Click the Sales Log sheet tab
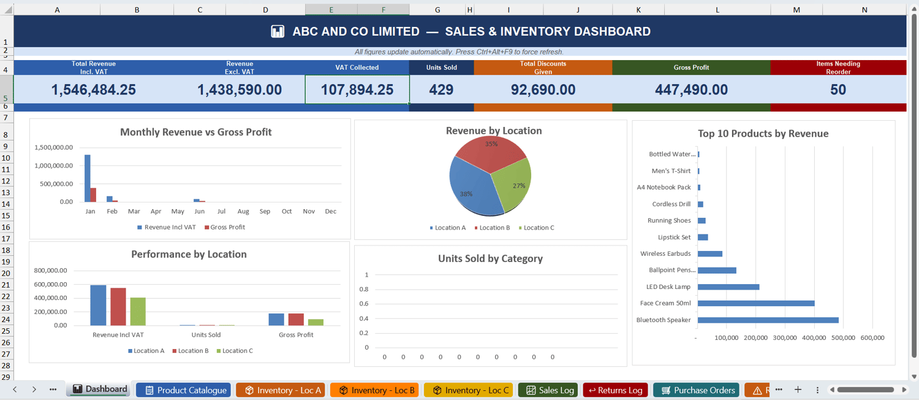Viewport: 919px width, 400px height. (548, 390)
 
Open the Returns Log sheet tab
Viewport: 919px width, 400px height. (615, 390)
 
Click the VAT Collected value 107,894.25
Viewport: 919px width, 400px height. (357, 90)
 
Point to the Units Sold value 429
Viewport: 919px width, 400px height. (441, 90)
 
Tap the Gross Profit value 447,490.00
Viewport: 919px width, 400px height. (691, 90)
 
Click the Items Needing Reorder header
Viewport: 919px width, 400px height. (838, 67)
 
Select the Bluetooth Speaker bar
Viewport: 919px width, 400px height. (768, 320)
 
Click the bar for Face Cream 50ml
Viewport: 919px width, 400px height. (756, 304)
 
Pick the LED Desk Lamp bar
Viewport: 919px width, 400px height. (728, 287)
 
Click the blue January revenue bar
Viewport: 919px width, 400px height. (88, 179)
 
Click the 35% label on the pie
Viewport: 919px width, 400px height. (491, 144)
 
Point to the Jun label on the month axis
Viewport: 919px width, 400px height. (199, 211)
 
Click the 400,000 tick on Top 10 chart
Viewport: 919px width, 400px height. (814, 337)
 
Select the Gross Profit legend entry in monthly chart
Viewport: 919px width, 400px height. (225, 227)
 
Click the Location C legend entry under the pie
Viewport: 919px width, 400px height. (536, 228)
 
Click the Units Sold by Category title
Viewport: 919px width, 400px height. (490, 258)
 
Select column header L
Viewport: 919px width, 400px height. (717, 9)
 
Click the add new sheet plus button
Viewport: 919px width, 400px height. (798, 390)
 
